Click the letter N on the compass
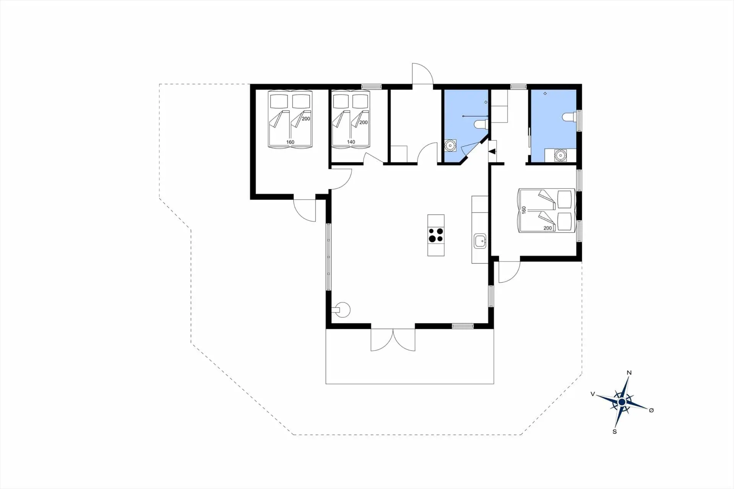pos(629,373)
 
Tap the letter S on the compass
pos(615,432)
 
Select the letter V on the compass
pos(593,394)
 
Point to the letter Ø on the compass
pos(651,410)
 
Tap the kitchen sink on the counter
pos(480,241)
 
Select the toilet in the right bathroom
pos(569,117)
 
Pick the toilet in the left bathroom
pos(480,124)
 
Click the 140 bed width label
pos(351,142)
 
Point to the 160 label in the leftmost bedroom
pos(290,142)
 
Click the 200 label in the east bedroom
pos(547,228)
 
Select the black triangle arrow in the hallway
pos(492,151)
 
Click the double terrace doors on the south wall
pos(393,340)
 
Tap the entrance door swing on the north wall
pos(422,74)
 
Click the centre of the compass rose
pos(622,402)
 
